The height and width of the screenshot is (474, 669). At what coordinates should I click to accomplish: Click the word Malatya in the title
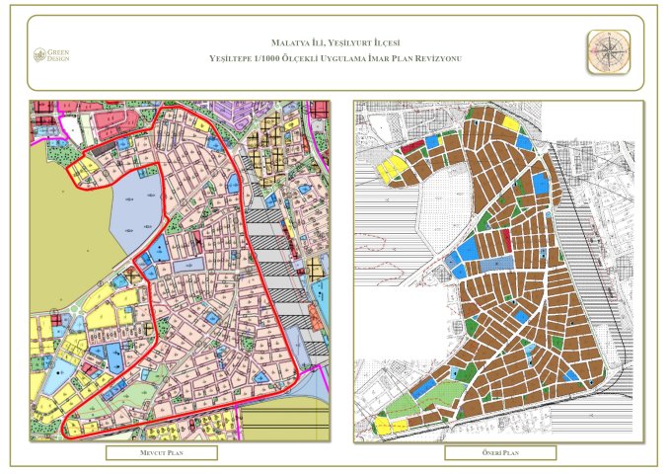coord(292,43)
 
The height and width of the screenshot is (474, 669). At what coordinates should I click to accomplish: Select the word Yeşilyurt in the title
coord(360,43)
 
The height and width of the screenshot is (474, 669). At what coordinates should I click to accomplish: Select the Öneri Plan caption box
coord(499,453)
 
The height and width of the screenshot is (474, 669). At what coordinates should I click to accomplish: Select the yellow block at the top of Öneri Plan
coord(510,122)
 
